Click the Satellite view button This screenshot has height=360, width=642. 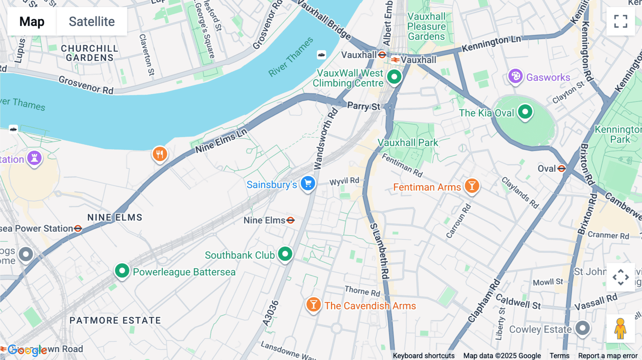pos(92,21)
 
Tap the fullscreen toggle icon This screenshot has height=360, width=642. pos(621,21)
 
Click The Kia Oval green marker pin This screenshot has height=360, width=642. pos(525,112)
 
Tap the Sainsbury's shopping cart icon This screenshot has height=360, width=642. pos(308,184)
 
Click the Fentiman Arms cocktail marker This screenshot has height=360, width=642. pos(472,186)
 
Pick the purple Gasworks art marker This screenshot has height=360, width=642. pos(515,76)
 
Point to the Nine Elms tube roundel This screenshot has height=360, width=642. pos(291,220)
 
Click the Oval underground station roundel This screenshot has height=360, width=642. pos(561,168)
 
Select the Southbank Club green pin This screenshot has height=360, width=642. pos(285,254)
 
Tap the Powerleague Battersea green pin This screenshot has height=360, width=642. pos(122,271)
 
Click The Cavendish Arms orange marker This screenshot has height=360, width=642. pos(314,305)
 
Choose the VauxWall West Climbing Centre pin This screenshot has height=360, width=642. pos(394,77)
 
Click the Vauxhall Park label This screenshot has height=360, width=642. pos(408,143)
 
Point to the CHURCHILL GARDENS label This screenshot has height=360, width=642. pos(90,53)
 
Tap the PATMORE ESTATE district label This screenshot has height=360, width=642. pos(115,320)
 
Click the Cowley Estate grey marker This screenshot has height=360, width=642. pos(582,328)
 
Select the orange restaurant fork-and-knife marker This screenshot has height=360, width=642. pos(160,154)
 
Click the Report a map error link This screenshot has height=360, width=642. pos(608,356)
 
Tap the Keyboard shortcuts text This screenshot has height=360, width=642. pos(423,356)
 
